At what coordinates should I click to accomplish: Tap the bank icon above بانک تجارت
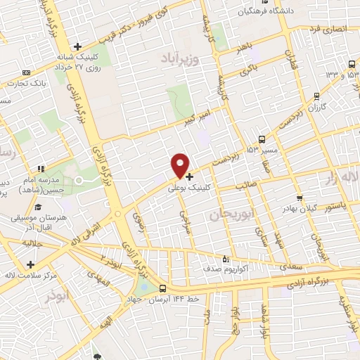point(26,72)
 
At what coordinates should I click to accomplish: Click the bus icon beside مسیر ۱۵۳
point(262,139)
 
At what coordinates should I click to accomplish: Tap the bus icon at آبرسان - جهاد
point(162,288)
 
